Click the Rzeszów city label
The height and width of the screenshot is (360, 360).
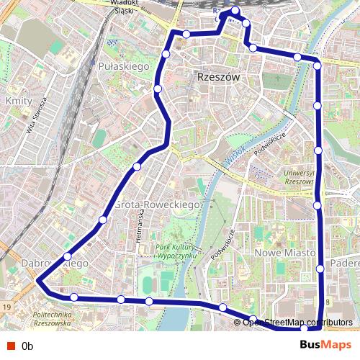[217, 77]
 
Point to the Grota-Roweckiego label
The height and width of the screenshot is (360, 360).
[156, 205]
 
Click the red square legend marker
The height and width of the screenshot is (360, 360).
[8, 346]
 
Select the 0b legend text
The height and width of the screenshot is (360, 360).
[27, 346]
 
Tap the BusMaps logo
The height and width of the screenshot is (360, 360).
[327, 345]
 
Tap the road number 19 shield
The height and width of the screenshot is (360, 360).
[6, 307]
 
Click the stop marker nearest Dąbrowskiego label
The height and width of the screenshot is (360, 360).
[68, 256]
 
